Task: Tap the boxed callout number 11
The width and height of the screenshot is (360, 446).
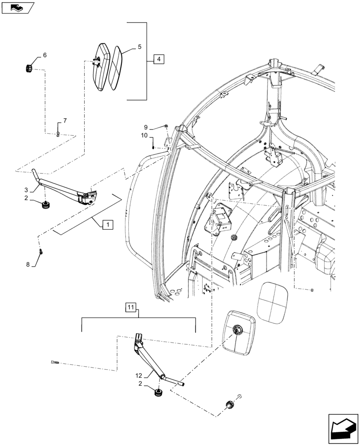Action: click(x=131, y=307)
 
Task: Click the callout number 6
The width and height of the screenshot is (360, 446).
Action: click(x=44, y=55)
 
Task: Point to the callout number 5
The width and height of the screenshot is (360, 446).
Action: click(x=139, y=46)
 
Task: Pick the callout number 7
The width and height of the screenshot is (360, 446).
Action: click(x=65, y=121)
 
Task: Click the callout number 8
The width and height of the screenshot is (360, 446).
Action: click(x=28, y=264)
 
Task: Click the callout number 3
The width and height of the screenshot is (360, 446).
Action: click(x=26, y=190)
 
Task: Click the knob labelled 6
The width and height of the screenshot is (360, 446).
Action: click(x=30, y=68)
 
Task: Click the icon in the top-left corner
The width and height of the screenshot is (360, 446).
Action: click(x=17, y=7)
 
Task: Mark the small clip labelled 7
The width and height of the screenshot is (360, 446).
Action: click(x=58, y=134)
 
